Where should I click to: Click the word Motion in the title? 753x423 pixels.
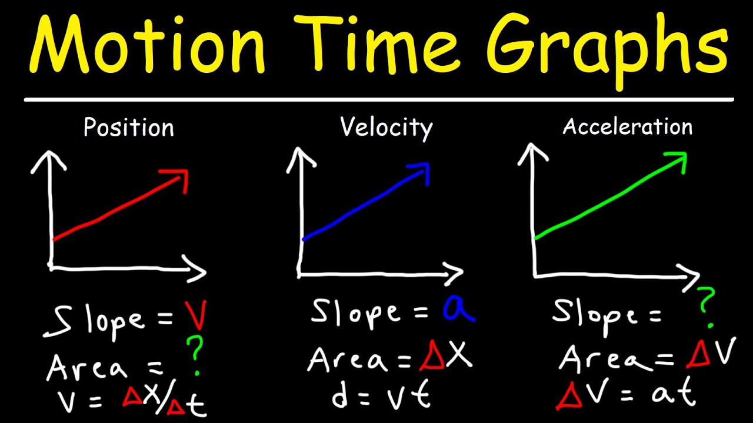(147, 47)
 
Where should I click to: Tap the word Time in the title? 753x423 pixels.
(376, 47)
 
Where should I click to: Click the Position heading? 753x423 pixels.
(128, 127)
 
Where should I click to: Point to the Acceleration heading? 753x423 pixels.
(627, 127)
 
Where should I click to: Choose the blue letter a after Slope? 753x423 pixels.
(458, 310)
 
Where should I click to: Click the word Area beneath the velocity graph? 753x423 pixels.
(350, 360)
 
